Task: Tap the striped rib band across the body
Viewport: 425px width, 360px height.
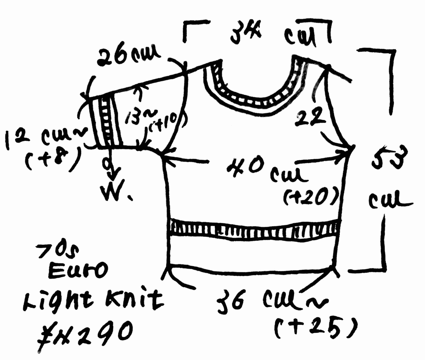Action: tap(254, 228)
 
